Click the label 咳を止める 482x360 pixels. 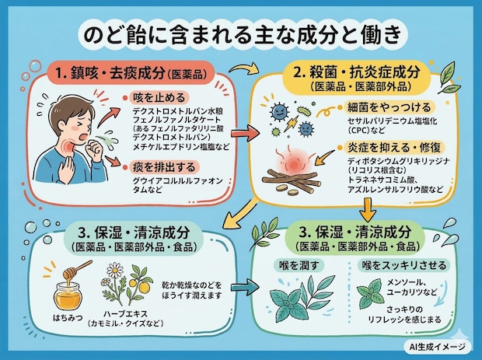pyautogui.click(x=159, y=98)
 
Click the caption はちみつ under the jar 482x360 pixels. pyautogui.click(x=68, y=318)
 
